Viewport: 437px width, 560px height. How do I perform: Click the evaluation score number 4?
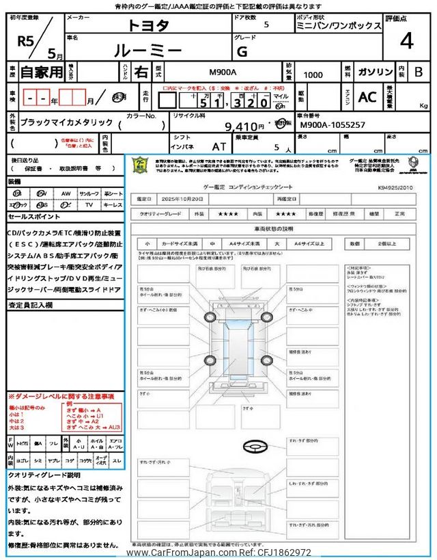click(x=406, y=43)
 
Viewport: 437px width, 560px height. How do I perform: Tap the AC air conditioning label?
click(x=367, y=97)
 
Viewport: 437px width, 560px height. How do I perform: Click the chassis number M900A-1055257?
click(x=333, y=126)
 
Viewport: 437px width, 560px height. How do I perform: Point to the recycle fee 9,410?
click(x=244, y=126)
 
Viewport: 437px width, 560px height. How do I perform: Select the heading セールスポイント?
click(x=33, y=216)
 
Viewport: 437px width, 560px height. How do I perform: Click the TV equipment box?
click(x=89, y=204)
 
